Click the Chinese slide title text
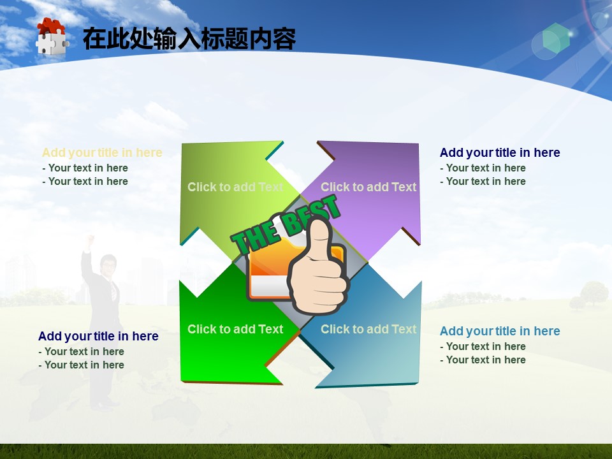pyautogui.click(x=189, y=39)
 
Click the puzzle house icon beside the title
pyautogui.click(x=52, y=36)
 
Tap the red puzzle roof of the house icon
pyautogui.click(x=51, y=25)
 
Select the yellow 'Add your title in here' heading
pyautogui.click(x=102, y=152)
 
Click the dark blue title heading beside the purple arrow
pyautogui.click(x=500, y=152)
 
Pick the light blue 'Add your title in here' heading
pyautogui.click(x=500, y=331)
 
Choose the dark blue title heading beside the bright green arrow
pyautogui.click(x=98, y=336)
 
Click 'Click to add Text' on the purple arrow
pyautogui.click(x=369, y=187)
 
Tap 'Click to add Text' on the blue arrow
pyautogui.click(x=369, y=329)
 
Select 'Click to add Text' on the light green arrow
pyautogui.click(x=235, y=187)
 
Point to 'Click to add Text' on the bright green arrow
pyautogui.click(x=235, y=329)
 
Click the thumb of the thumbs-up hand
pyautogui.click(x=319, y=238)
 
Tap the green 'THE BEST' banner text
pyautogui.click(x=286, y=225)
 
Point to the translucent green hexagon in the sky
pyautogui.click(x=556, y=38)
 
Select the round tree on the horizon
pyautogui.click(x=594, y=293)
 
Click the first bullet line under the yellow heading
pyautogui.click(x=85, y=168)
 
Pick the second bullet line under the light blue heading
pyautogui.click(x=483, y=360)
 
